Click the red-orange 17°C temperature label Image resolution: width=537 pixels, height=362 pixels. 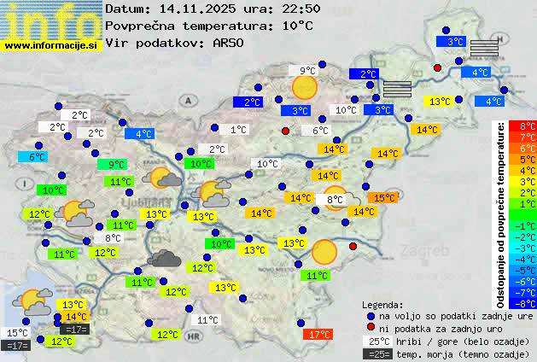(320, 334)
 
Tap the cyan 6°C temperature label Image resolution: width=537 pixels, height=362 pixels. (37, 157)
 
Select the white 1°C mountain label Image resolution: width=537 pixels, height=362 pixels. (238, 130)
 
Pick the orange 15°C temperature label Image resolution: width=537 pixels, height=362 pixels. (384, 197)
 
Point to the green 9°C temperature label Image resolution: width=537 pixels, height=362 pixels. (116, 165)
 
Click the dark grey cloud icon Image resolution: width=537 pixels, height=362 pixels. (165, 258)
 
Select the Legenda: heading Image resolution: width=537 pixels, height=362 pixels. (382, 305)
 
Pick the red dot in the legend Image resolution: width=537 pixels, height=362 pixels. (371, 328)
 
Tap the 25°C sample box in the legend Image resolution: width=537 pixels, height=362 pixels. (377, 341)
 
